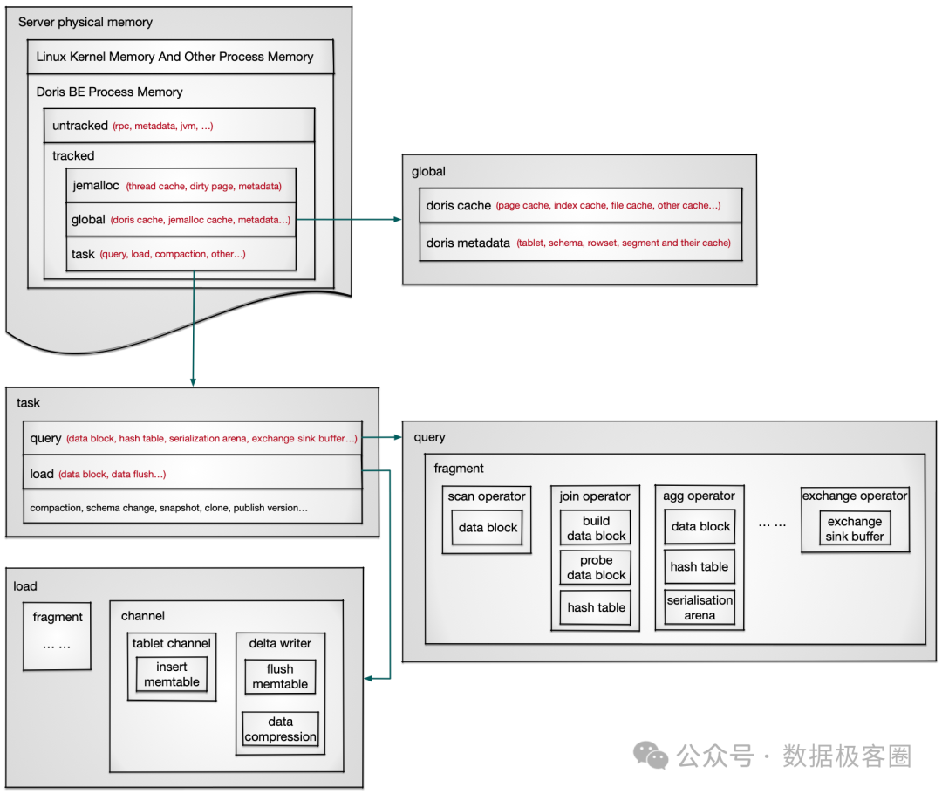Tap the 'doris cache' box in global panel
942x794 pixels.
[x=572, y=206]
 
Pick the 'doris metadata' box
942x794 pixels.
[x=572, y=243]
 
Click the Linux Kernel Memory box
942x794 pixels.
[x=180, y=57]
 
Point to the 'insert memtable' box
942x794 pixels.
[x=172, y=674]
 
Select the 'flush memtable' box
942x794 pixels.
[x=280, y=677]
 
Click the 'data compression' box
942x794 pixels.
[x=280, y=729]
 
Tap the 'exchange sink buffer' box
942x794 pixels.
[x=855, y=529]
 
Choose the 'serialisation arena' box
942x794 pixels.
[x=700, y=607]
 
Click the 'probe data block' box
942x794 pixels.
[x=597, y=568]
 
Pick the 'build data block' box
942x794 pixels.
[x=597, y=529]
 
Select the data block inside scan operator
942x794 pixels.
[x=488, y=527]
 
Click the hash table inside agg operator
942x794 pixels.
[x=700, y=566]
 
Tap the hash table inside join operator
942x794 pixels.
[x=597, y=607]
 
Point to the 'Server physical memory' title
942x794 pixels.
[x=85, y=22]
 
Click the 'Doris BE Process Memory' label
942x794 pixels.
[x=110, y=92]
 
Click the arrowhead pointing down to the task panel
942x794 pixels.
[x=193, y=380]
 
